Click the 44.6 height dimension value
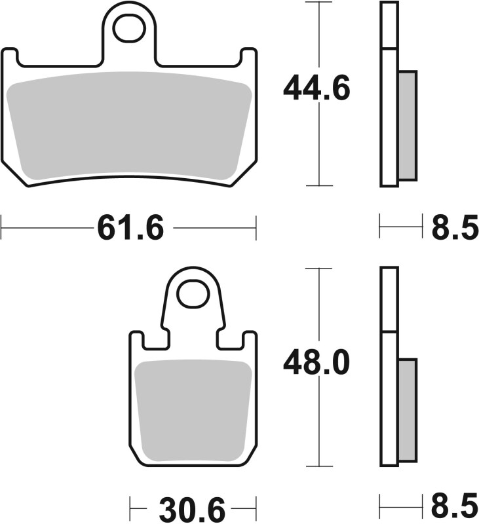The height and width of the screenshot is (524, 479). click(x=316, y=88)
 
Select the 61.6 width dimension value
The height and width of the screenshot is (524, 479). click(x=130, y=229)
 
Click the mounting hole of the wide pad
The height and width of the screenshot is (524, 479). click(x=128, y=28)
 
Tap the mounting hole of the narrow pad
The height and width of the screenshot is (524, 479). click(x=193, y=294)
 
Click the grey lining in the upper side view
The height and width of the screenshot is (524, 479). click(x=407, y=125)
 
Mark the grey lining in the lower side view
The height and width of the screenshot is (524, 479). click(x=407, y=409)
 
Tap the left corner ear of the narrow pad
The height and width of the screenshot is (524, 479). click(x=136, y=339)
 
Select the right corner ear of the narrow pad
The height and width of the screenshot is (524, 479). click(x=250, y=339)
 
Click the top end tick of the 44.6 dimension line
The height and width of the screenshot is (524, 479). click(x=318, y=3)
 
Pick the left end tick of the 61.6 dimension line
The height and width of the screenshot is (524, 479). click(x=2, y=229)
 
